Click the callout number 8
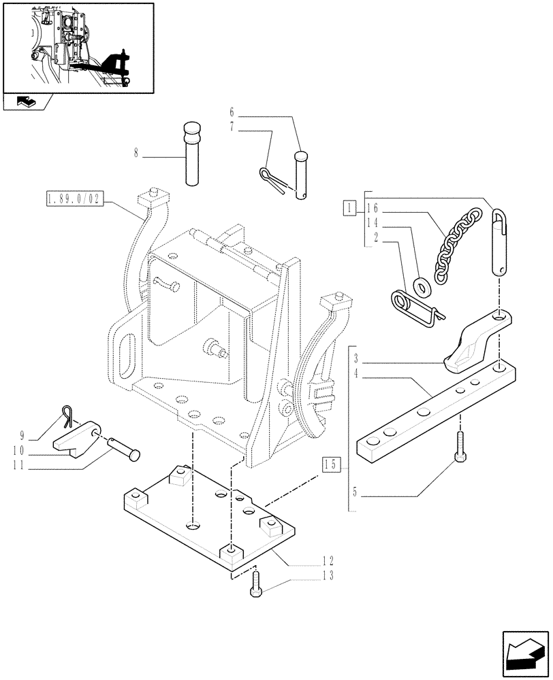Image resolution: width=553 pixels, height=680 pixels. point(136,154)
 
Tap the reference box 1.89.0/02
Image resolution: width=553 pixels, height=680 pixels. point(74,199)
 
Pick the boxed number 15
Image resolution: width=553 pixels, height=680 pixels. point(330,466)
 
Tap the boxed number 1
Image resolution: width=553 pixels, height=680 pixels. point(348,207)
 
